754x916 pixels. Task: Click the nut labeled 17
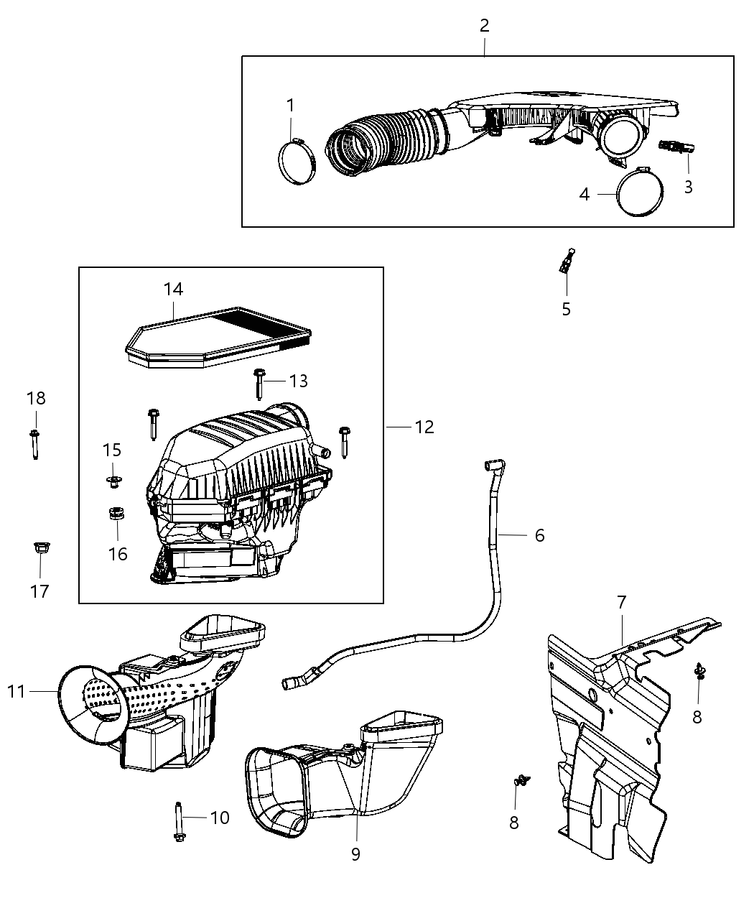click(x=39, y=550)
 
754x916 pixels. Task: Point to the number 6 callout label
click(x=539, y=535)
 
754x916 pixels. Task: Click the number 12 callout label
click(x=424, y=427)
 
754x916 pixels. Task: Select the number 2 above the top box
click(x=485, y=26)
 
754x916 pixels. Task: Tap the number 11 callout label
click(x=16, y=691)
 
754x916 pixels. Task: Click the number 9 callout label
click(x=355, y=853)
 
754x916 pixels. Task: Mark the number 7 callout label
click(x=622, y=601)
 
